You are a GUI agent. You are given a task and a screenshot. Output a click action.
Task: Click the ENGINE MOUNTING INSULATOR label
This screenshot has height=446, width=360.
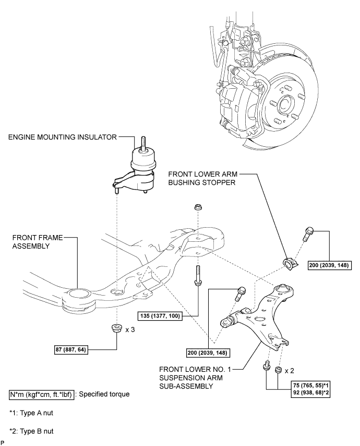tap(63, 137)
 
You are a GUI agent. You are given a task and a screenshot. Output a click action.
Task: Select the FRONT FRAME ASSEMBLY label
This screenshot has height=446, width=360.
tap(37, 242)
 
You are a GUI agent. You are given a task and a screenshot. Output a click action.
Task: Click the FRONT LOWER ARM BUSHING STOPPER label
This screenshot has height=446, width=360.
tap(202, 178)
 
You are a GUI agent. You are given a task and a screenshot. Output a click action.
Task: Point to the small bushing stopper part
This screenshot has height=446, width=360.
tap(291, 264)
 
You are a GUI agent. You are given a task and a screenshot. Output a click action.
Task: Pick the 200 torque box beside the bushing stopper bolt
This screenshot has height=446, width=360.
tap(330, 265)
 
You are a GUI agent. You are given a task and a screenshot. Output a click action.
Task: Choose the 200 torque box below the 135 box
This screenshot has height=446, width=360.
tap(208, 353)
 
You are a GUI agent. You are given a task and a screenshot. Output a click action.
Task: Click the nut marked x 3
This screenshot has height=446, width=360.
tap(116, 329)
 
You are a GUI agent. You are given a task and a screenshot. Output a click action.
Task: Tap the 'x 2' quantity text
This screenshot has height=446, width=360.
tap(289, 371)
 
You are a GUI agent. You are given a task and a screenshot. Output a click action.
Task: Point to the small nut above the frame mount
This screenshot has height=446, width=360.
tap(198, 207)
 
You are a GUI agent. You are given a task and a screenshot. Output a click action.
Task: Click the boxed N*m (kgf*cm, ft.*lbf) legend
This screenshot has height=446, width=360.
tap(42, 395)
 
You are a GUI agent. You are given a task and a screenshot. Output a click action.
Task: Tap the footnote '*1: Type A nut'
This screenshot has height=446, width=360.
tap(31, 413)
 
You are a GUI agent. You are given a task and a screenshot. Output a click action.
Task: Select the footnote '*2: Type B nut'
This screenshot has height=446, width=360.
tap(31, 431)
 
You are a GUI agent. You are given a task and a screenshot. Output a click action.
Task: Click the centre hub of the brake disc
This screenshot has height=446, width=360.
tap(285, 104)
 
